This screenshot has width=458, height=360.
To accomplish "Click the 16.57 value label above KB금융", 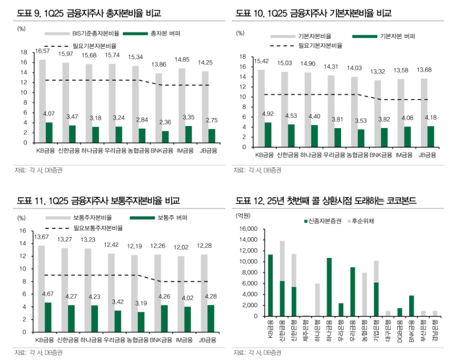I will click(x=42, y=51).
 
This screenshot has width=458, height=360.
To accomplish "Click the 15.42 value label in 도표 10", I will click(x=261, y=61).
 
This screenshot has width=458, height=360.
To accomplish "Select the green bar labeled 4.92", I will click(x=268, y=134).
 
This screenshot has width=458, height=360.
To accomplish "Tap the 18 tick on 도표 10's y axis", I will click(x=242, y=57).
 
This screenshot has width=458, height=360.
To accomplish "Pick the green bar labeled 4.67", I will click(x=48, y=317).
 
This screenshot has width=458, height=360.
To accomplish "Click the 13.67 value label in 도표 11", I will click(x=41, y=238).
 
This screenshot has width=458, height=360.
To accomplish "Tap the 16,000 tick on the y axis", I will click(x=249, y=229).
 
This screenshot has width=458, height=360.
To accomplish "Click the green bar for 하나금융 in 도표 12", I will click(x=329, y=287).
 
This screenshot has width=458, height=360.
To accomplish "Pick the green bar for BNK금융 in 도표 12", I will click(x=411, y=306).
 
